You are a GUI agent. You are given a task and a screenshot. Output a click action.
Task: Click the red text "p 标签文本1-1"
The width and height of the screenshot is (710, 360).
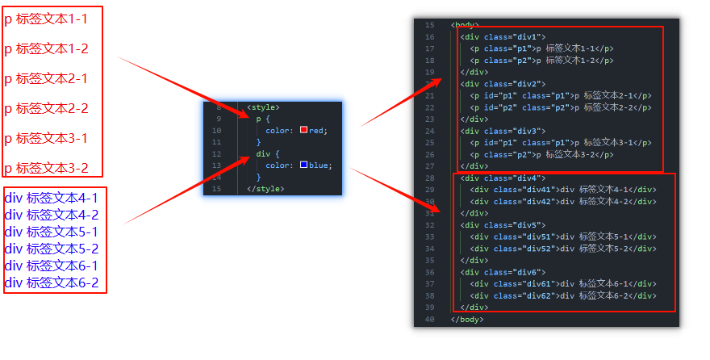click(46, 19)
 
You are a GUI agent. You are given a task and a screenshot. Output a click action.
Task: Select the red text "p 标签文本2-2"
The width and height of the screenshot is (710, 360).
click(46, 108)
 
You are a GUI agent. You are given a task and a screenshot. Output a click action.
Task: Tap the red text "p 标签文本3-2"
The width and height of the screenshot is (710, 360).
click(46, 168)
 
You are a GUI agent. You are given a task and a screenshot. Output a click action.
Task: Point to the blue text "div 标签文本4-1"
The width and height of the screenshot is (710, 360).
click(52, 198)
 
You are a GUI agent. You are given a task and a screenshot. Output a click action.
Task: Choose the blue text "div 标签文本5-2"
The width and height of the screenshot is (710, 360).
click(52, 249)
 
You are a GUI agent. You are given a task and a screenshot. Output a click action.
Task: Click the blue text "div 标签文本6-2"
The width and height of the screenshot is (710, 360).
click(52, 283)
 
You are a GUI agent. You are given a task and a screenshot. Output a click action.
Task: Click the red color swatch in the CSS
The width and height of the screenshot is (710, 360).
click(303, 130)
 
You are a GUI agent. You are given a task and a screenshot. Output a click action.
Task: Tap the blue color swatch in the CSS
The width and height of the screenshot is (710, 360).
click(303, 165)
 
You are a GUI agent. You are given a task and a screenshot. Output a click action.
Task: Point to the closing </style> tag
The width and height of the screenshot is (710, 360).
click(265, 188)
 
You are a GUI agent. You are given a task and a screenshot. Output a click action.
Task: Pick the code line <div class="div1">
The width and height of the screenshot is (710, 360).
click(503, 37)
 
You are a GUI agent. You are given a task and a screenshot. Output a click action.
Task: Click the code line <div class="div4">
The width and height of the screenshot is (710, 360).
click(503, 178)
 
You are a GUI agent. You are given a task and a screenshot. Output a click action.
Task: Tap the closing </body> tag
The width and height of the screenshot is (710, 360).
click(467, 319)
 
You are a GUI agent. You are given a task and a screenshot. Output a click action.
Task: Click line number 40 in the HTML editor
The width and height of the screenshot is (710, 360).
click(428, 319)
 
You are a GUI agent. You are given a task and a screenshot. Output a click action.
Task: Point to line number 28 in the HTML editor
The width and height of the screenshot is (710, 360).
click(428, 178)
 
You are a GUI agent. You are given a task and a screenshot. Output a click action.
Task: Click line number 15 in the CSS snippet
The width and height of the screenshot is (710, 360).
click(216, 188)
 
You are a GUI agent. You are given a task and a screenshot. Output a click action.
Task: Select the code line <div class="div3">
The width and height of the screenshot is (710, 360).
click(503, 131)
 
